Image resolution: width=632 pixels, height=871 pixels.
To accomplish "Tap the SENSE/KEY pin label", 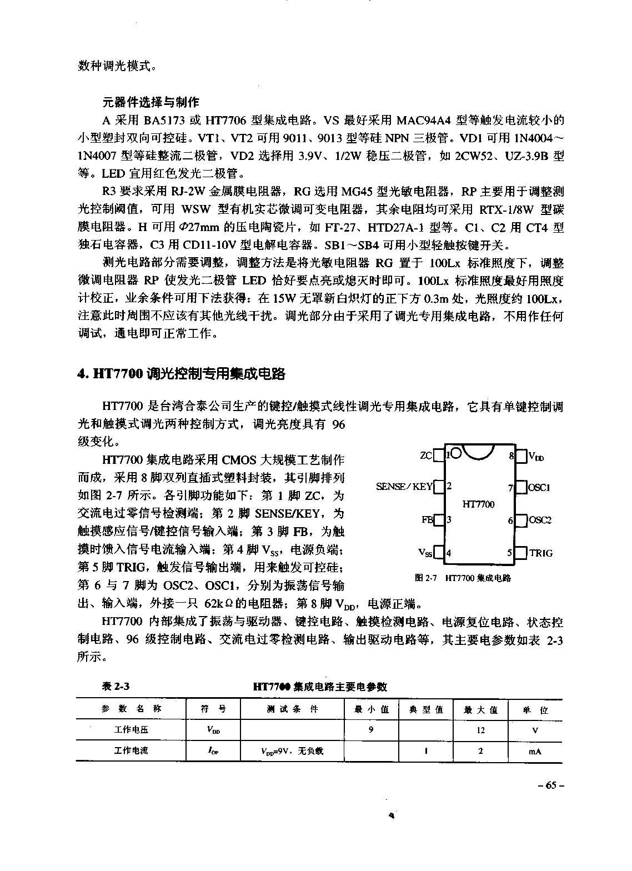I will (x=404, y=487).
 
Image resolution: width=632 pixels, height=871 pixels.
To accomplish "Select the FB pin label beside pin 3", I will (x=427, y=520).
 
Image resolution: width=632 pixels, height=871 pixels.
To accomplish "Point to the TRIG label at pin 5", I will (x=541, y=553).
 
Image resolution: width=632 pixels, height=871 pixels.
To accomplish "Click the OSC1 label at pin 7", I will (x=539, y=488).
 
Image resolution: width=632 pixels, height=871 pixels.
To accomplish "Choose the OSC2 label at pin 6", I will (x=540, y=520).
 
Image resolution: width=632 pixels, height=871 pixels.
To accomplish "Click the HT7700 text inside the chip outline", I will (x=478, y=504).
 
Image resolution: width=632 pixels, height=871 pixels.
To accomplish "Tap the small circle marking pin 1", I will (x=455, y=453).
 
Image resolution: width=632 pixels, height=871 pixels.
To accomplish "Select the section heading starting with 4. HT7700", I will (x=181, y=374).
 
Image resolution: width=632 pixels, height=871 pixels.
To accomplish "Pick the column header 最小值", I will (x=372, y=709).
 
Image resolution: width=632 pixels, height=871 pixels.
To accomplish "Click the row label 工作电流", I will (x=131, y=750).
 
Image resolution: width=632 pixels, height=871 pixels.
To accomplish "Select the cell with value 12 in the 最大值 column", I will (x=480, y=730).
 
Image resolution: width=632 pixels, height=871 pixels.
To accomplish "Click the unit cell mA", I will (x=535, y=751).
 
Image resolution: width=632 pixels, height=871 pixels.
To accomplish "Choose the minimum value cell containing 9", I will (x=371, y=730).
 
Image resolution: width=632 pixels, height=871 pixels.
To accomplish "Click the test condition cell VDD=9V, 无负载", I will (x=292, y=751).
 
